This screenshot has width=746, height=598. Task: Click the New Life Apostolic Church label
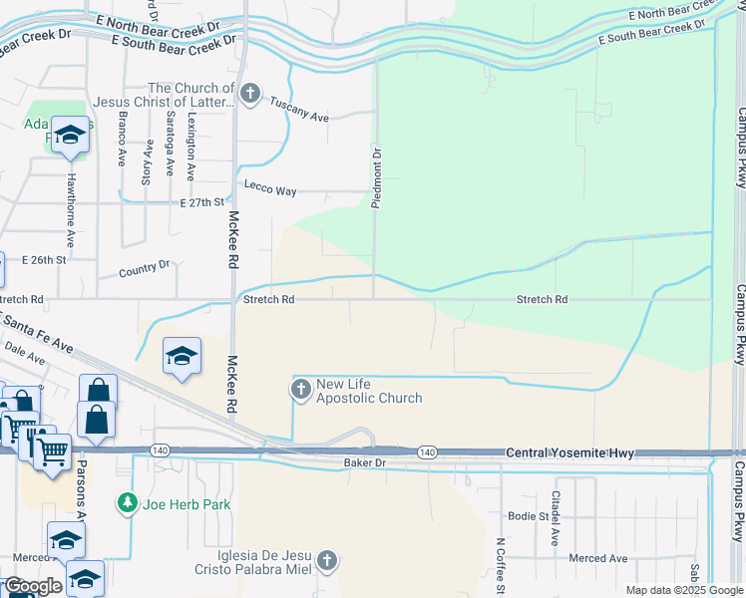(x=368, y=391)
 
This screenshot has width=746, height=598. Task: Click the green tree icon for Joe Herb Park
(x=127, y=503)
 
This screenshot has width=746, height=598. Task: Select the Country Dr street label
(x=145, y=269)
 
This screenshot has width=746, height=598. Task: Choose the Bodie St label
(x=529, y=516)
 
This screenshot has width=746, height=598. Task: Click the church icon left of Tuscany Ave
(x=250, y=96)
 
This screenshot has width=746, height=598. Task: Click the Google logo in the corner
(x=33, y=586)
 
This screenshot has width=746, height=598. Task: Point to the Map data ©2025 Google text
(x=683, y=590)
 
